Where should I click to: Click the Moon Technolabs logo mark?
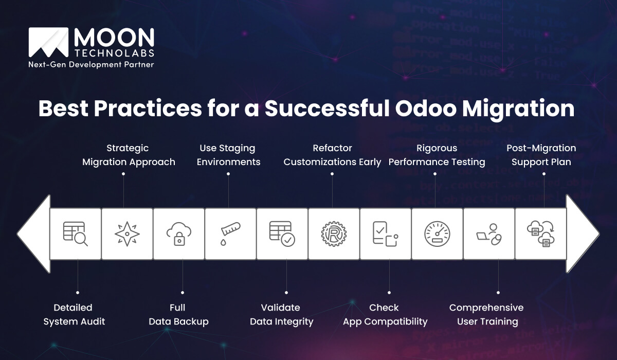coord(49,42)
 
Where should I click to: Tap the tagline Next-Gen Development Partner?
coord(91,64)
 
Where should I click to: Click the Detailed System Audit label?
coord(74,314)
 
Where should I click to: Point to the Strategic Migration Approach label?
coord(129,155)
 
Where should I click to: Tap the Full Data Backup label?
coord(178,314)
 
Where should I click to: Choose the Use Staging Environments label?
coord(227,155)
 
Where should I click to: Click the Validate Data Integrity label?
coord(281,314)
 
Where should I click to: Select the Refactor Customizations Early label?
coord(332,155)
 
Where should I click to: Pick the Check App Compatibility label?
coord(385,314)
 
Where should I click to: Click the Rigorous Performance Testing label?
coord(437,155)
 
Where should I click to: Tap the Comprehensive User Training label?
coord(486,314)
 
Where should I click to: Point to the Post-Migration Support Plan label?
coord(541,155)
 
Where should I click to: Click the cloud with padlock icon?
coord(178,234)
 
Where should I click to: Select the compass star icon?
coord(126,234)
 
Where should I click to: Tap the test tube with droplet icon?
coord(230,234)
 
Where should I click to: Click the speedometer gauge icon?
coord(437,234)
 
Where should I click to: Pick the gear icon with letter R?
coord(334,234)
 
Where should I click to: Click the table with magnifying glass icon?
coord(75,234)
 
